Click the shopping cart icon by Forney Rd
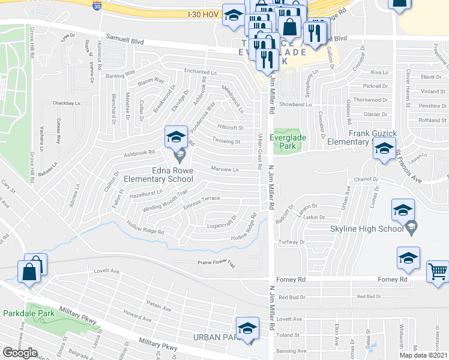(x=438, y=271)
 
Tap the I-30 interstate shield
(x=97, y=5)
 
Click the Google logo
(x=20, y=353)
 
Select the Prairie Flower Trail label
(x=217, y=262)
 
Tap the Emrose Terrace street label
(x=202, y=198)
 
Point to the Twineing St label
(x=226, y=142)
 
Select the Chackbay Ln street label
(x=66, y=103)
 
